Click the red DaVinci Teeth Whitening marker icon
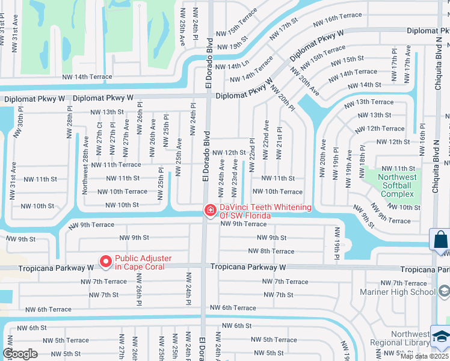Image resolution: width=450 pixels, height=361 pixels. (x=210, y=210)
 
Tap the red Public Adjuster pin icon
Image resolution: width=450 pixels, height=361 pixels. (x=106, y=261)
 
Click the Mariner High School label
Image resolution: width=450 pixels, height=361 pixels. (x=398, y=292)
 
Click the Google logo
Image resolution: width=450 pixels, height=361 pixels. (x=19, y=354)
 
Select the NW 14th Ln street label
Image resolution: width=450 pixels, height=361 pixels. (x=232, y=66)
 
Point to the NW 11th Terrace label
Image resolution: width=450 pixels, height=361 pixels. (x=116, y=164)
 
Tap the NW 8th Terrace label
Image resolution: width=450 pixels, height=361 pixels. (x=271, y=251)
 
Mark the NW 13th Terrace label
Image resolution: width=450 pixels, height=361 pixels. (x=369, y=102)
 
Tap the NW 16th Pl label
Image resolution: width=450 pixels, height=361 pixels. (x=422, y=139)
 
